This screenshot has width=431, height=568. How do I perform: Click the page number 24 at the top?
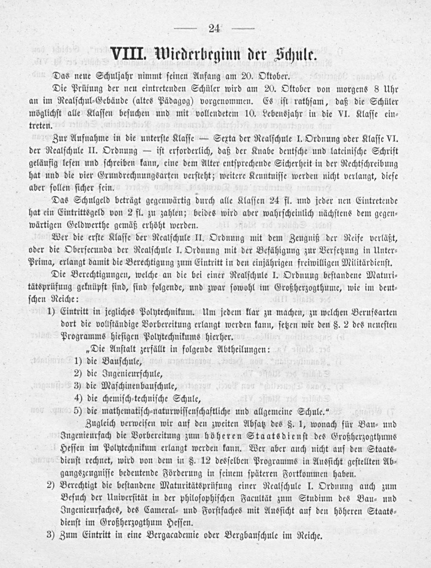coord(214,28)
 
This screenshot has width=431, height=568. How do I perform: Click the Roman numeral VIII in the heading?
coord(128,56)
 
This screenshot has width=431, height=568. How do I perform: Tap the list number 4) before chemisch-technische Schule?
coord(78,397)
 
